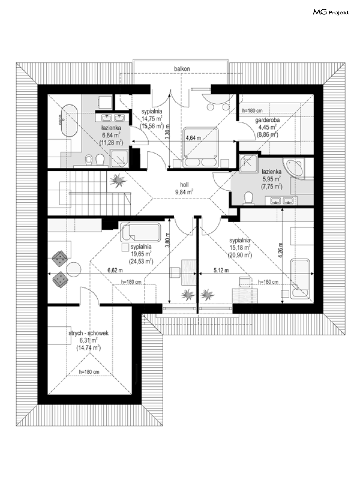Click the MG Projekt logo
(x=331, y=12)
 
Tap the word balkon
(x=182, y=69)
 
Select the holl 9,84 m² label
(x=184, y=188)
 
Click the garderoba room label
(x=267, y=120)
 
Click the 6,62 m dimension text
(x=115, y=271)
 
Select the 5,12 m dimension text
(x=221, y=271)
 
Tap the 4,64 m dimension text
(x=193, y=138)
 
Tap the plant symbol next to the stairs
(x=118, y=181)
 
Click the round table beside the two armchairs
(x=73, y=269)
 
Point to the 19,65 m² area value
(x=141, y=254)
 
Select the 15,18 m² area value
(x=240, y=248)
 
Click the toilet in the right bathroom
(x=248, y=198)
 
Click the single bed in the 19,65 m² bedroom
(x=140, y=232)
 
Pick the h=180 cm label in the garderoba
(x=252, y=111)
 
